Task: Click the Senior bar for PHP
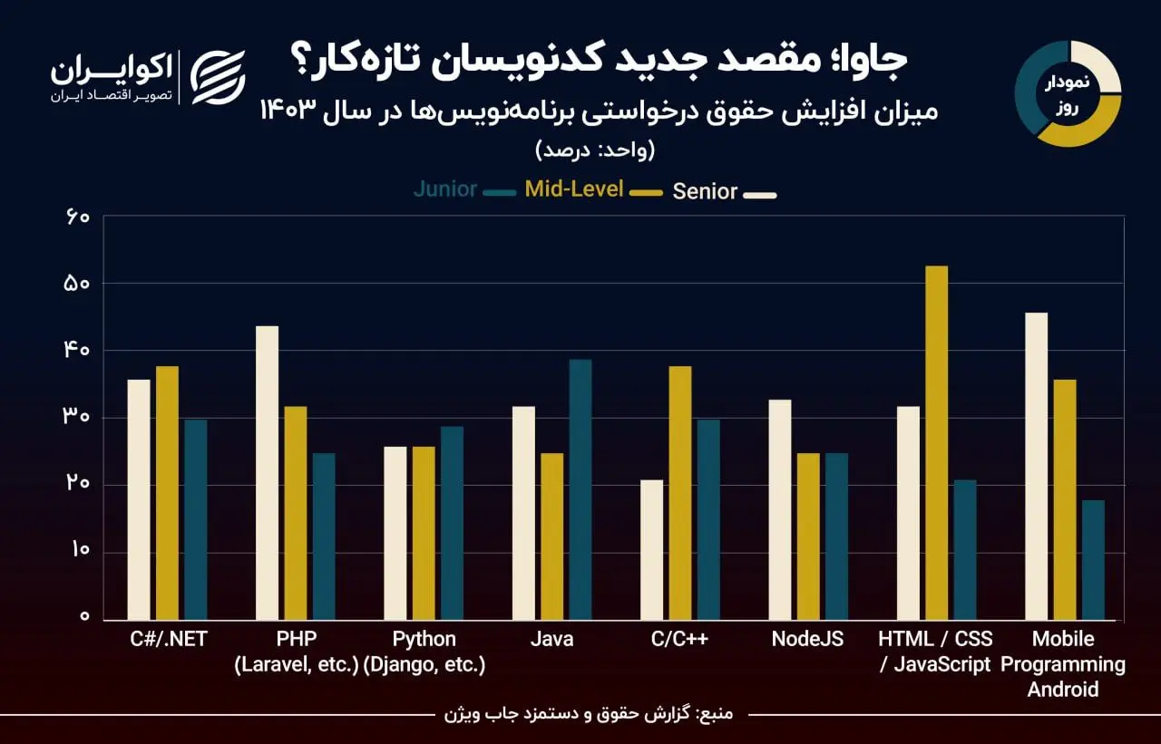pos(267,473)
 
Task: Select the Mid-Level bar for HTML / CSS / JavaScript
pos(936,443)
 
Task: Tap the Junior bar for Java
pos(580,490)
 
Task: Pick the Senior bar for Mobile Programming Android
pos(1036,467)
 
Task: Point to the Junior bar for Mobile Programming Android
pos(1093,560)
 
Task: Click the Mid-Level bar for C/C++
pos(680,493)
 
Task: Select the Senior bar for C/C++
pos(651,550)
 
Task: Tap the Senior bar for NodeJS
pos(780,510)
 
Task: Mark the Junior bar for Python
pos(452,524)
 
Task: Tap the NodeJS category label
pos(807,639)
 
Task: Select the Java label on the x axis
pos(551,639)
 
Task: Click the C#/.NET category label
pos(169,639)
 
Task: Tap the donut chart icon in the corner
pos(1068,93)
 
